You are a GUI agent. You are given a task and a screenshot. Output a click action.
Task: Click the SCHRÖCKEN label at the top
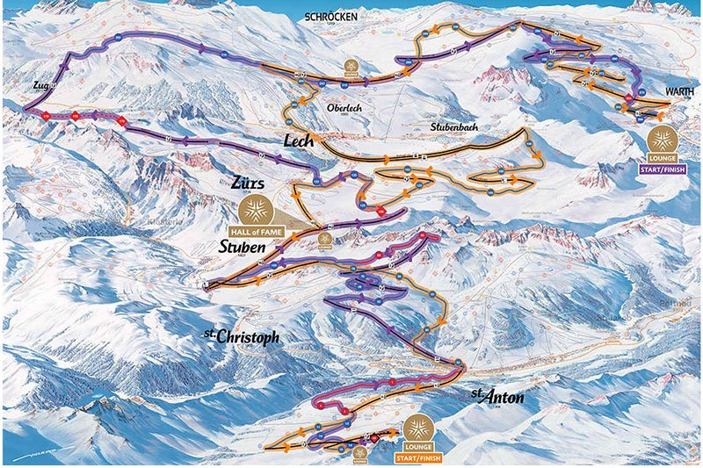coord(338,16)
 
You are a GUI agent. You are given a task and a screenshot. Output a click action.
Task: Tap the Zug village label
coord(38,86)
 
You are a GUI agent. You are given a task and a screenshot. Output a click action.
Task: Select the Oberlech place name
coord(344,108)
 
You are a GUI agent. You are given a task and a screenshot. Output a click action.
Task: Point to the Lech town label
coord(298,140)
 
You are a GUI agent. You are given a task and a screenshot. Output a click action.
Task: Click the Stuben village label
coord(242,248)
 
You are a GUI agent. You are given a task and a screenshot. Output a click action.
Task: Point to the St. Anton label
coord(497,396)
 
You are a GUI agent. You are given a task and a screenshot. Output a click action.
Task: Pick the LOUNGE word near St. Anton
coord(421,447)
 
